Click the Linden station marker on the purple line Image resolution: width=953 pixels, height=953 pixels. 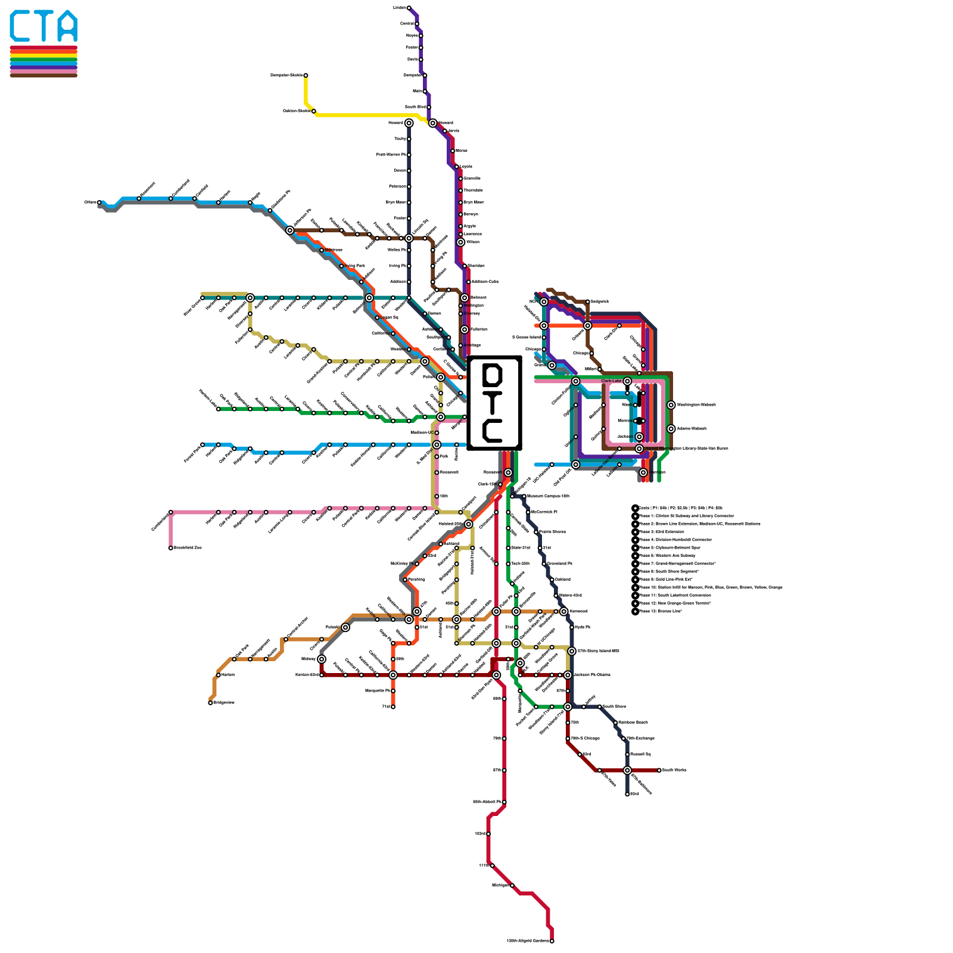point(409,8)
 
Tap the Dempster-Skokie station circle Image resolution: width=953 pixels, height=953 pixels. point(306,76)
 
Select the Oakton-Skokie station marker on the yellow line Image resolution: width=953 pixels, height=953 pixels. point(314,111)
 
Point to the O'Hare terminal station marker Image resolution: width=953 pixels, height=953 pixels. point(99,203)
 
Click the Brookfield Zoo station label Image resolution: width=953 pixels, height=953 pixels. point(188,548)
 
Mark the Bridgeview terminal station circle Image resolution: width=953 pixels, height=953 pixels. point(210,703)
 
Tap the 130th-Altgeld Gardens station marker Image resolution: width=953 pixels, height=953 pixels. point(552,941)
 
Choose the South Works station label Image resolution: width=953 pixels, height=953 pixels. point(674,770)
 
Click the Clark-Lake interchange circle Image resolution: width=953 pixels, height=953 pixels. point(627,381)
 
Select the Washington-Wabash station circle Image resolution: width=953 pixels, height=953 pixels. point(671,405)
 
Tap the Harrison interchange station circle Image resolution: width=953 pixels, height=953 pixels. point(643,472)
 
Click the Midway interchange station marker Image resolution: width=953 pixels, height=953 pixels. point(322,659)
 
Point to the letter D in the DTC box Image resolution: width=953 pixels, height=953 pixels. point(493,375)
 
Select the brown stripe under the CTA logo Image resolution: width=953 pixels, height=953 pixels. point(43,75)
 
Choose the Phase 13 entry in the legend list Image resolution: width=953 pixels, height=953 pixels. point(661,611)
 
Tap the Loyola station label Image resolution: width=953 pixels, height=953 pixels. point(466,167)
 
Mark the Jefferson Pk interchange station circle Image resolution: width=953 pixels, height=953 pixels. point(290,231)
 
